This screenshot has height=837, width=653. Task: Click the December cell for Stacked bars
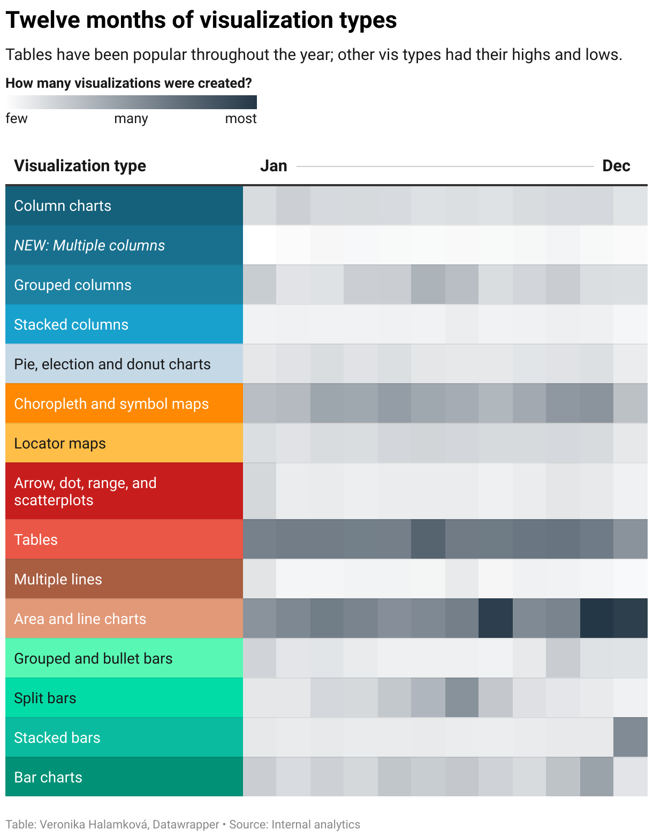631,737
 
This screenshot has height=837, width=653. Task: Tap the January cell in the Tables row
260,539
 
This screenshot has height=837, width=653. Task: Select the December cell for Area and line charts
631,619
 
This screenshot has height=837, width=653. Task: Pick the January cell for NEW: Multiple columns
260,245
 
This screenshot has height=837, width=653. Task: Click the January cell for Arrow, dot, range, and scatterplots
260,491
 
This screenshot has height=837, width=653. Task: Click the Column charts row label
63,206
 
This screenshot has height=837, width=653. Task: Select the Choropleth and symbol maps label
111,404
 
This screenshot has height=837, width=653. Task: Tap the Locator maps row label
60,444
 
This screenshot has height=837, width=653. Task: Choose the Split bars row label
45,698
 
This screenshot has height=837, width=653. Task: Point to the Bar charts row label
48,778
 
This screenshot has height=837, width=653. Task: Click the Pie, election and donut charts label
112,364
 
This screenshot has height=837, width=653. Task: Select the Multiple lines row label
58,580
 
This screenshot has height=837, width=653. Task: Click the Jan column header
274,166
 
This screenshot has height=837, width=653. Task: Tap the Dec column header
616,166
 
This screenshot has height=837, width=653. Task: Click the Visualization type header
80,166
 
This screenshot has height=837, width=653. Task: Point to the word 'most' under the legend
241,119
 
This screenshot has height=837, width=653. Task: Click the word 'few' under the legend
17,119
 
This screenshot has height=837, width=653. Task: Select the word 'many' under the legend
131,119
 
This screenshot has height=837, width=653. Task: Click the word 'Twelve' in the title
42,20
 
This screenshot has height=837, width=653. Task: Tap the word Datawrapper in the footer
186,825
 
